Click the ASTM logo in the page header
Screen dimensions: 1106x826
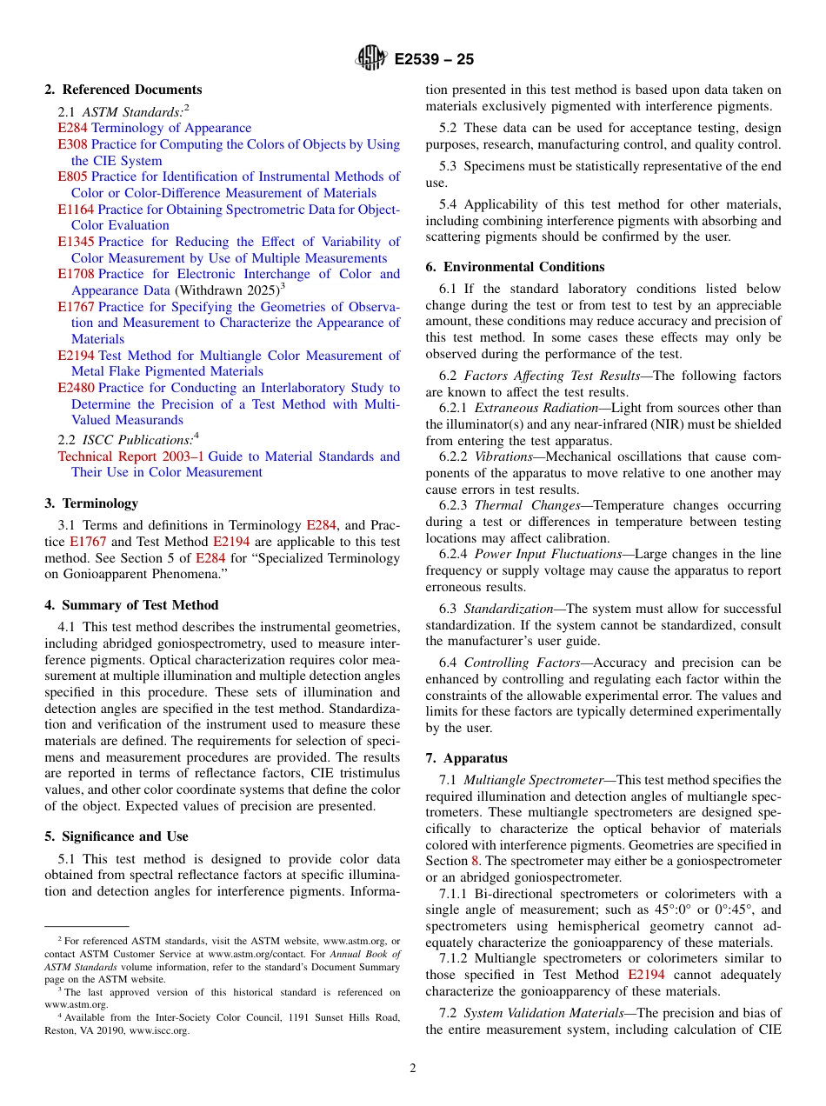pos(372,59)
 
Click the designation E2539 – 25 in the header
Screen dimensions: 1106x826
pos(434,60)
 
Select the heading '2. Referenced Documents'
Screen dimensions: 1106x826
pos(123,90)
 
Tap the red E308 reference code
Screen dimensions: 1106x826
pos(72,144)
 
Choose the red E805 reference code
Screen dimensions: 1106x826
pos(72,177)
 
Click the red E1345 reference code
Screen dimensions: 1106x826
pos(76,242)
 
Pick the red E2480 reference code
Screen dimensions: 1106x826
pos(76,388)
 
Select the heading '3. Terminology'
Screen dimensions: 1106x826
pos(91,503)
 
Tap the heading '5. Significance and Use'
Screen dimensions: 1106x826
pos(117,836)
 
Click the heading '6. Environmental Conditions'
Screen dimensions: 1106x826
pos(515,267)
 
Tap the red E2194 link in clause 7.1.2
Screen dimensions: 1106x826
pos(646,975)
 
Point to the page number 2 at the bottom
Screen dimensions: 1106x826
pos(413,1069)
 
